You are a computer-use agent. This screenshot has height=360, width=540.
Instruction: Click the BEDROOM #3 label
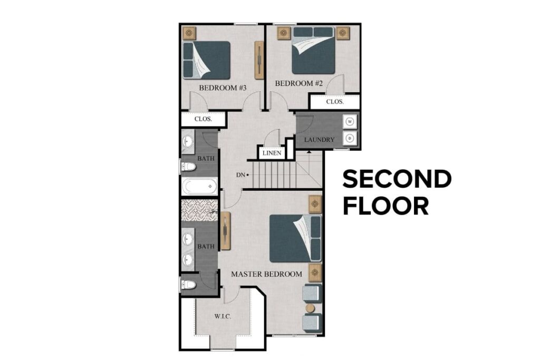(223, 87)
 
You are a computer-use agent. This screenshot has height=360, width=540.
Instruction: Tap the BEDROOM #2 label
(298, 83)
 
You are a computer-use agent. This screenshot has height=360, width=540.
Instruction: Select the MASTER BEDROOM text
(266, 274)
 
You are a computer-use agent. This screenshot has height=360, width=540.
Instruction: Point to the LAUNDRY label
(320, 140)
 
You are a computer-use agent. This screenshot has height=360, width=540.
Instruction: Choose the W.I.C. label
(223, 317)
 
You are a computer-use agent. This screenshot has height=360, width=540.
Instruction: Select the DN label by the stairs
(240, 174)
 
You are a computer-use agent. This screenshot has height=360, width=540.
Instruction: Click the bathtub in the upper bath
(200, 186)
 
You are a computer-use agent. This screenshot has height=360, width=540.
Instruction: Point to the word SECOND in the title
(397, 179)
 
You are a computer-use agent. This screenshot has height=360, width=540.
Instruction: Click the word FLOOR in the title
(385, 206)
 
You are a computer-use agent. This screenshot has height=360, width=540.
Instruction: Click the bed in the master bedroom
(295, 238)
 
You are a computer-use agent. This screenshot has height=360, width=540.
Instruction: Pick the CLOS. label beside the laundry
(335, 102)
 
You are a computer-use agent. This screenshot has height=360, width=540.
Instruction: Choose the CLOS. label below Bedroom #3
(203, 119)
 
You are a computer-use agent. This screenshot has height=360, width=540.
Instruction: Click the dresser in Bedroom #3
(259, 59)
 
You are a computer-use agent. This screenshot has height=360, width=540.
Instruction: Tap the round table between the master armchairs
(310, 307)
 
